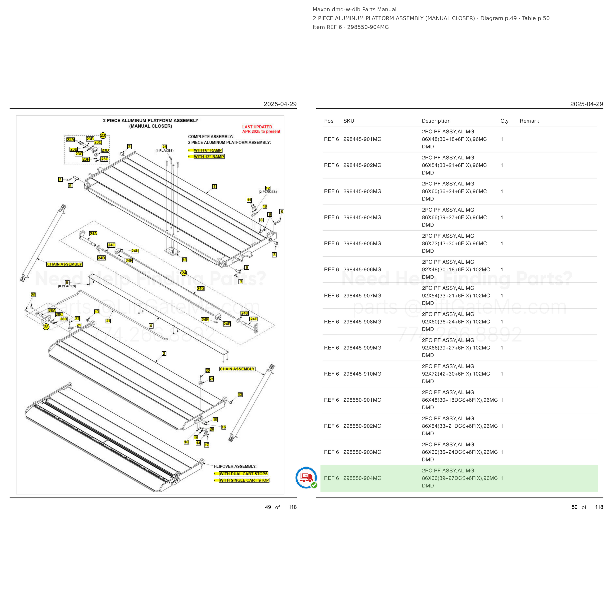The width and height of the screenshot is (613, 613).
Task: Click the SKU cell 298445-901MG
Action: point(362,139)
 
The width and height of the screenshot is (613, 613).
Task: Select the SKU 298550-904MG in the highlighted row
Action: point(362,478)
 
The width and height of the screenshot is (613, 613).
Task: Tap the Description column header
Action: point(436,121)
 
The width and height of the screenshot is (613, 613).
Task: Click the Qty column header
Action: point(504,121)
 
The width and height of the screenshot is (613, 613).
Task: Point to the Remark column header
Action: point(529,121)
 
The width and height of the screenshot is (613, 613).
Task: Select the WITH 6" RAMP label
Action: point(208,150)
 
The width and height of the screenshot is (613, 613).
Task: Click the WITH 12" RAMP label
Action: point(209,157)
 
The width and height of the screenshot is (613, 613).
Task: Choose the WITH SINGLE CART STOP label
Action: point(244,480)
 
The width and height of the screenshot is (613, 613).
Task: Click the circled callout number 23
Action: point(103,136)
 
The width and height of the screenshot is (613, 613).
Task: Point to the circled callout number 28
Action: point(46,327)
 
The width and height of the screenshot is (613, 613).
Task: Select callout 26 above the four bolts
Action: point(164,147)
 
